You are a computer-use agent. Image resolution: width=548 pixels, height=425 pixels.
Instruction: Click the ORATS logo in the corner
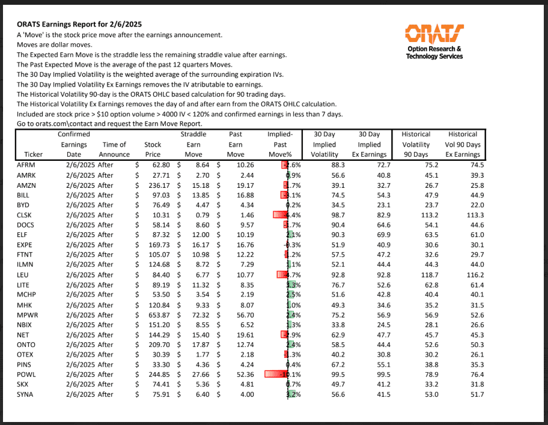(434, 32)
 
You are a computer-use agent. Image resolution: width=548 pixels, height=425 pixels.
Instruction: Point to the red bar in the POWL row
(275, 374)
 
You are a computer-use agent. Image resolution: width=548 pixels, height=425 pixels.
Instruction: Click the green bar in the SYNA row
(290, 394)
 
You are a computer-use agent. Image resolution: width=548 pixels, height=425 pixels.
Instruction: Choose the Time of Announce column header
(114, 149)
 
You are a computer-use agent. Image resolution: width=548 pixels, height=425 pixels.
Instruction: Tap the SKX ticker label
(24, 384)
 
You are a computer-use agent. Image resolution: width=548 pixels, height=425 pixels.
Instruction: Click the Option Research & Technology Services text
(434, 53)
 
